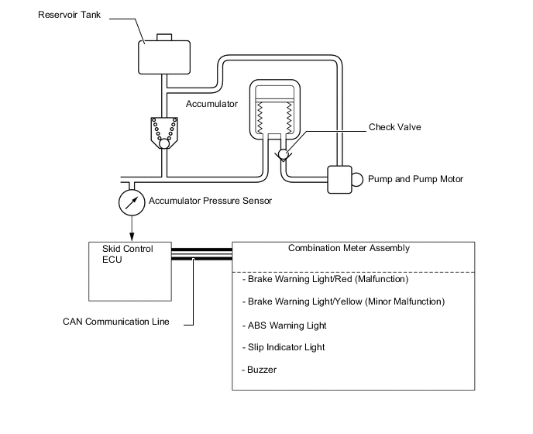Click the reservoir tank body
click(163, 56)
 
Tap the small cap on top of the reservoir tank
click(163, 37)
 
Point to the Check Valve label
click(395, 127)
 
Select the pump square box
click(339, 179)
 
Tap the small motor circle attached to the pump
click(358, 179)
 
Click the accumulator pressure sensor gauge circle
click(131, 202)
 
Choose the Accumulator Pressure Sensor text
click(210, 201)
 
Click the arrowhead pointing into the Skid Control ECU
click(131, 236)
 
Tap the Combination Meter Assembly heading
click(349, 249)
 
